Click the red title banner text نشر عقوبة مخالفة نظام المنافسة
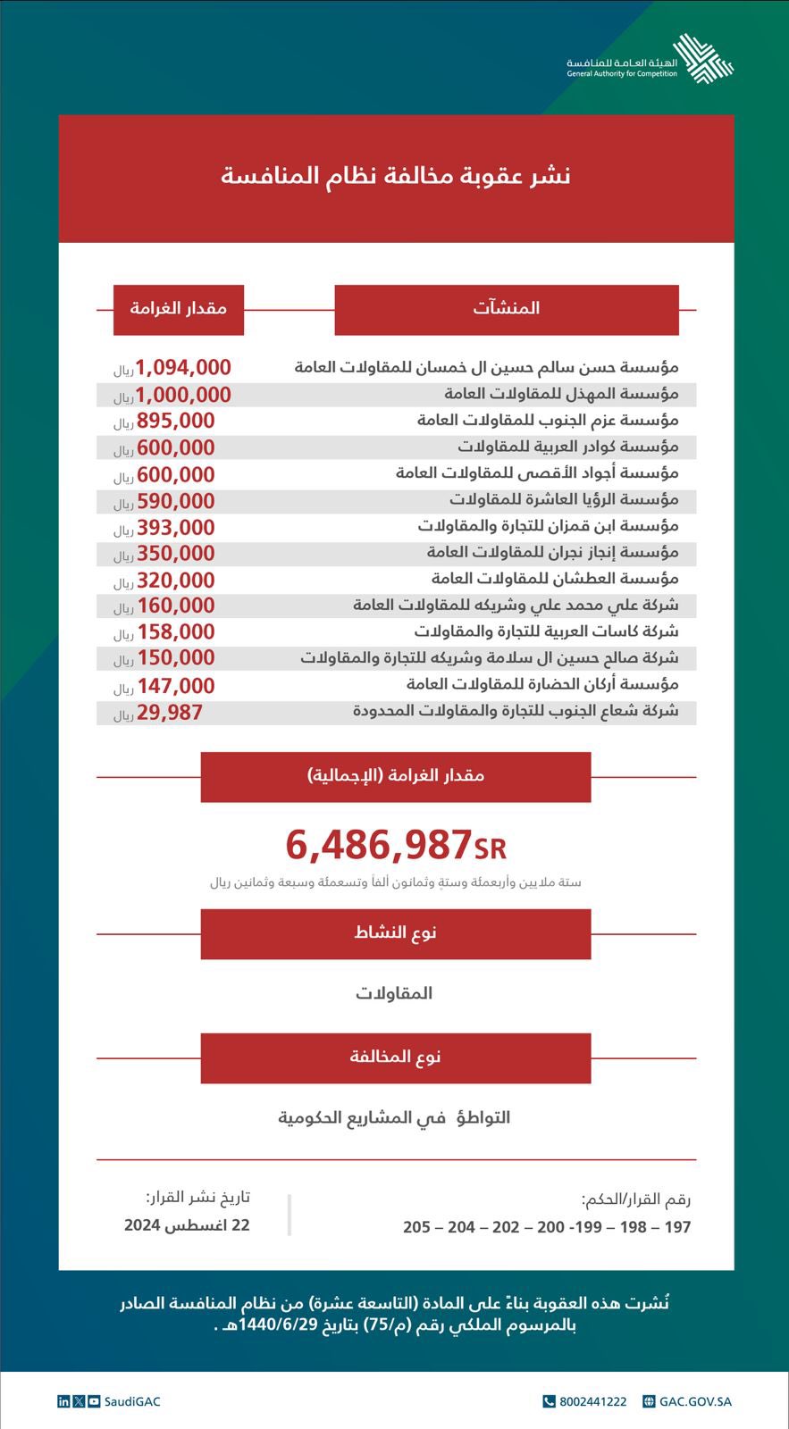(395, 176)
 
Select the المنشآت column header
(507, 309)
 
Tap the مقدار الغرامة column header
(179, 309)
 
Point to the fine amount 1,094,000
(183, 367)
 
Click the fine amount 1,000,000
(183, 395)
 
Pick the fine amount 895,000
(176, 421)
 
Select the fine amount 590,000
(176, 501)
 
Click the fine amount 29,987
(170, 713)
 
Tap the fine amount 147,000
(176, 686)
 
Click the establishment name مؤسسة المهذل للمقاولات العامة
(561, 394)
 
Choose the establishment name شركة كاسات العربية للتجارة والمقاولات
(546, 632)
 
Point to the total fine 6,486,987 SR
(396, 845)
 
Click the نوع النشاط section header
(396, 933)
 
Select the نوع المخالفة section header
(396, 1057)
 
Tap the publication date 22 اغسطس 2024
(187, 1225)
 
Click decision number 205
(416, 1227)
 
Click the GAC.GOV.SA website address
(695, 1402)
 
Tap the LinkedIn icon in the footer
(63, 1402)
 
